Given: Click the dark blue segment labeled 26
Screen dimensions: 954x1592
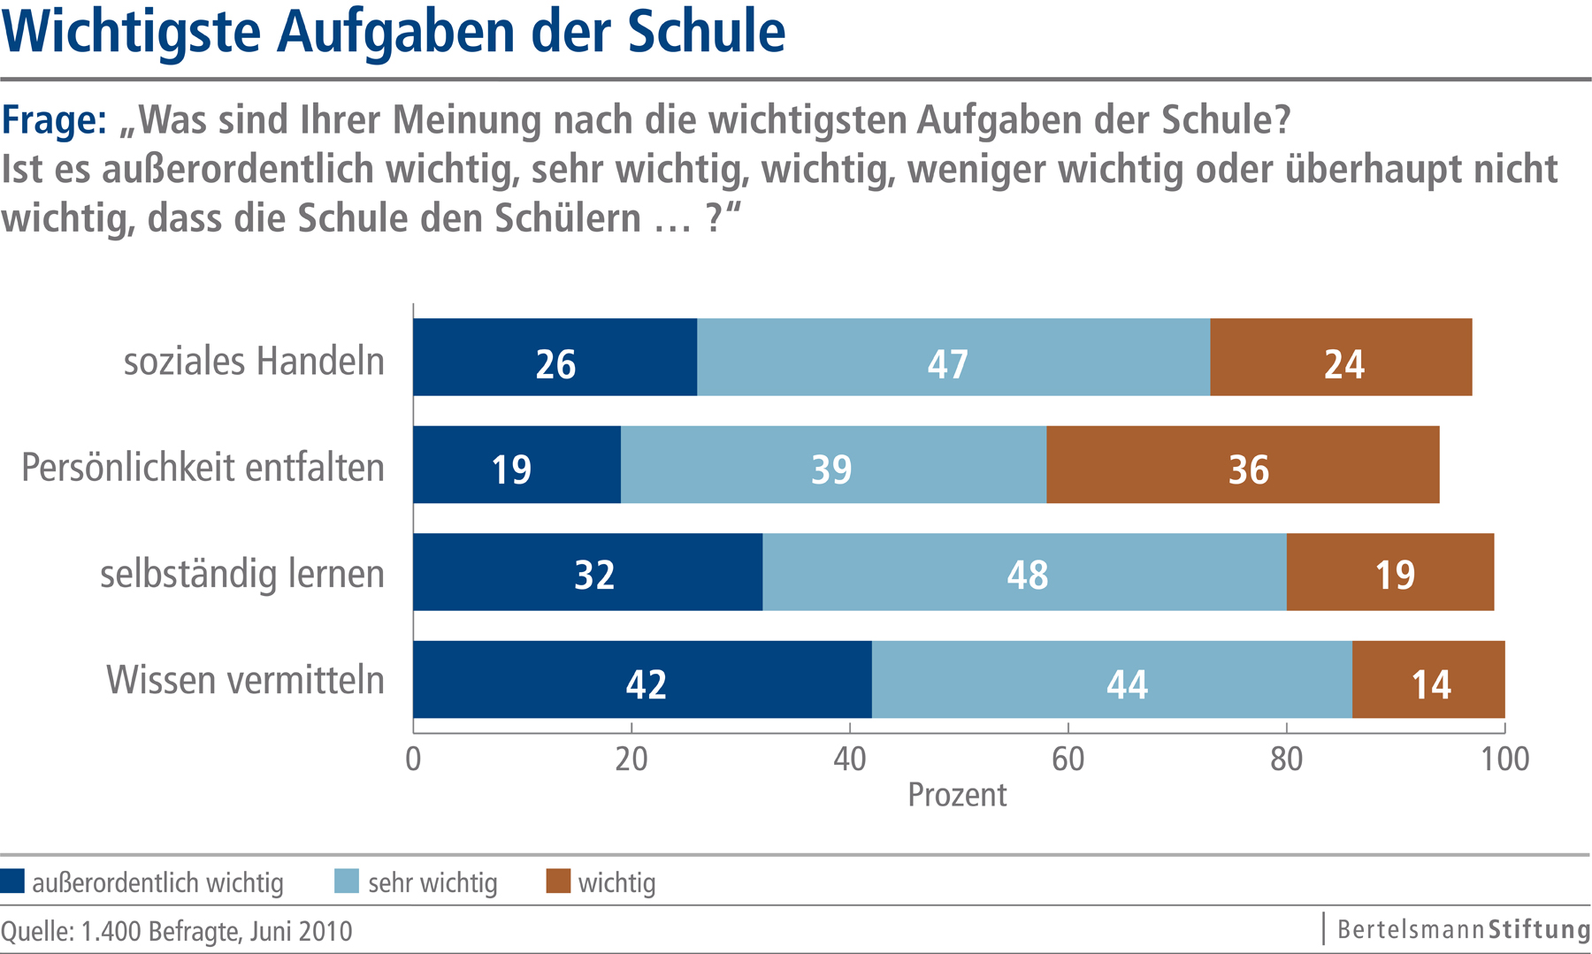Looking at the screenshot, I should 555,357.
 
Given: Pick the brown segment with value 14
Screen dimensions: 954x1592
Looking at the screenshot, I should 1427,680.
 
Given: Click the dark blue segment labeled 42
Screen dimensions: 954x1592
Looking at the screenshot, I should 642,680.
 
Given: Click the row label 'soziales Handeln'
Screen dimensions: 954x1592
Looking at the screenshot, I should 254,362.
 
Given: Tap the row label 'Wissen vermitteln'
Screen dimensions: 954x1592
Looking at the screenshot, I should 245,681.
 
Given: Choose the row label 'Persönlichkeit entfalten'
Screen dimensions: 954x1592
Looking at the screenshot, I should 203,468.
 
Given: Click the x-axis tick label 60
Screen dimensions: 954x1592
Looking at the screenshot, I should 1068,759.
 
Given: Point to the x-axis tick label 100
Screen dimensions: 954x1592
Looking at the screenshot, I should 1504,759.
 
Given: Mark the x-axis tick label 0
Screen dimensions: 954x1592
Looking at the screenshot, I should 413,759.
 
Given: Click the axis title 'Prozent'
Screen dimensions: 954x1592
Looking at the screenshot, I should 957,795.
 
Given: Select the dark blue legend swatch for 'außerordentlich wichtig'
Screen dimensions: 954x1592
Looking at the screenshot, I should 12,881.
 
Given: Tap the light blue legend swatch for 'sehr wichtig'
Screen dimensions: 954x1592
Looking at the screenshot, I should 347,881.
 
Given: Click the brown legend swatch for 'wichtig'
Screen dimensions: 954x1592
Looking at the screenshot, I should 558,881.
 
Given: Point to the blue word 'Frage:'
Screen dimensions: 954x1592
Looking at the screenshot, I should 54,120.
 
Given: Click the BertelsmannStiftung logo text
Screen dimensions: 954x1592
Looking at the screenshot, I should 1463,930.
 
